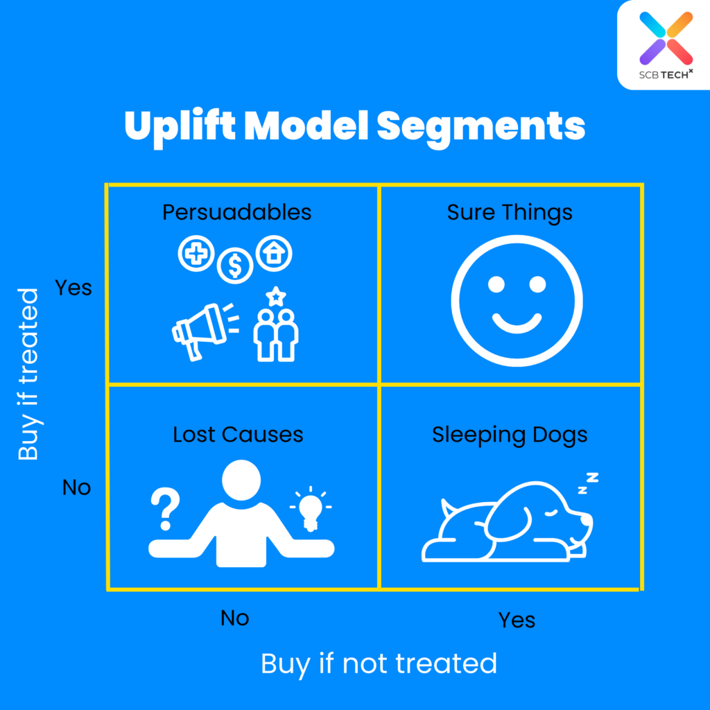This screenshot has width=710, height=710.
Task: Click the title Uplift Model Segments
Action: click(x=354, y=127)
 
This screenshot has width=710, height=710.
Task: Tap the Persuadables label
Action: click(x=237, y=211)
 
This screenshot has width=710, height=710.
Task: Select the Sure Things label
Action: click(x=510, y=211)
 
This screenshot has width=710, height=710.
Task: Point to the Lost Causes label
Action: click(x=238, y=435)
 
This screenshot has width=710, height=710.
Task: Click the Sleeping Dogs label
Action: click(x=510, y=435)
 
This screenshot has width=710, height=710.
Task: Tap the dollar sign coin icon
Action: click(x=235, y=265)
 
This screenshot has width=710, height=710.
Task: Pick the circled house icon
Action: click(x=275, y=253)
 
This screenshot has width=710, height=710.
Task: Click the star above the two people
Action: click(x=276, y=297)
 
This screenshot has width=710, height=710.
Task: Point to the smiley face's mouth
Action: click(x=517, y=322)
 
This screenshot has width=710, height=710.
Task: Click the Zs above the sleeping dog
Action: click(x=588, y=483)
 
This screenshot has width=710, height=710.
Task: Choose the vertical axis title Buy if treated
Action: click(x=28, y=374)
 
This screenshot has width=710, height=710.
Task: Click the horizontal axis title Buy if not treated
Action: click(x=379, y=664)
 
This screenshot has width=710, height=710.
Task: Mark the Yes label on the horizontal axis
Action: click(x=517, y=619)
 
